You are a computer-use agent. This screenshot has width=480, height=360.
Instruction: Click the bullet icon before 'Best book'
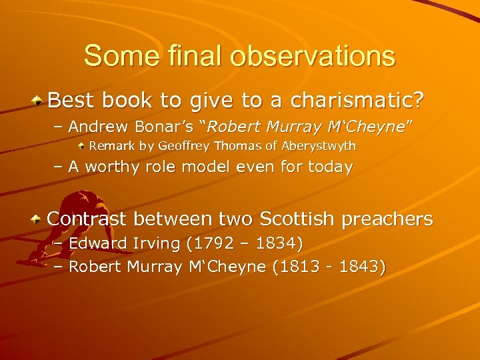[x=40, y=101]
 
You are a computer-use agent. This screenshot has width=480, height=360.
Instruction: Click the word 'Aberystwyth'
[x=321, y=145]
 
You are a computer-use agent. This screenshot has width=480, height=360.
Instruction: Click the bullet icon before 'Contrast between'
[x=40, y=219]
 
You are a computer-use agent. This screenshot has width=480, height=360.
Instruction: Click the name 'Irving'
[x=158, y=244]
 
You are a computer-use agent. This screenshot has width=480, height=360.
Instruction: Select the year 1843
[x=358, y=267]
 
